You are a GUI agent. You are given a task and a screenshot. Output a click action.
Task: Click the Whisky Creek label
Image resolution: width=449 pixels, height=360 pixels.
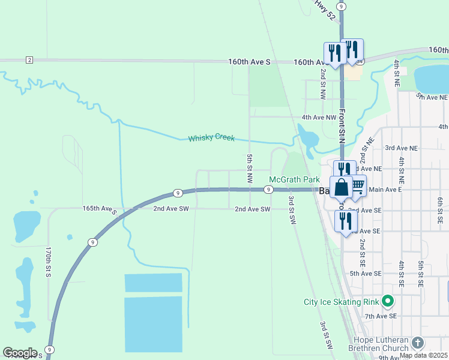coord(211,138)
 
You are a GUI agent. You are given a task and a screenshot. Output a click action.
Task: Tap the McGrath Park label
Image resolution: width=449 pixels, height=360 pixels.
coord(294,179)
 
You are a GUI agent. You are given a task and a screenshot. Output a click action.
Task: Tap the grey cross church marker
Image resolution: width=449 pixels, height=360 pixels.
coord(418,343)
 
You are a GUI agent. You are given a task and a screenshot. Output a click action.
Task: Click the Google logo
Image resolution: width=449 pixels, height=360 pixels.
coord(20,353)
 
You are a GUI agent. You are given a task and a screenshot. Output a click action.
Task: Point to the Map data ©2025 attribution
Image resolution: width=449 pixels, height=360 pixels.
coord(423,355)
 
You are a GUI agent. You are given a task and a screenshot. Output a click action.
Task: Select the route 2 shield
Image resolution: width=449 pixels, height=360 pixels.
coord(29,59)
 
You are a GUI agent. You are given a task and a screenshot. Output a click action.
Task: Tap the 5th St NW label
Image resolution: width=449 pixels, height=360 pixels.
coord(249,168)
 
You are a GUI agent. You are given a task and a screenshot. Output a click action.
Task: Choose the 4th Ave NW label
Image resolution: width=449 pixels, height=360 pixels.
coord(319,118)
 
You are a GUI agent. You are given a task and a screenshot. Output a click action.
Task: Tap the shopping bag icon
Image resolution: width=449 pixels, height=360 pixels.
coord(341,188)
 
